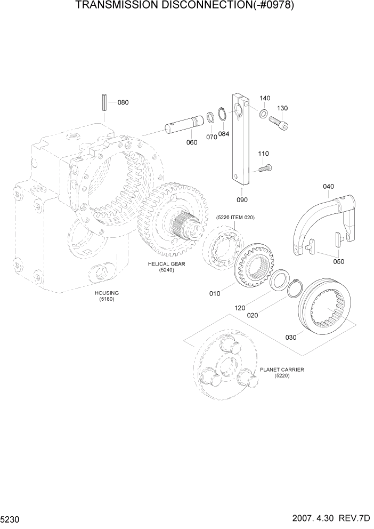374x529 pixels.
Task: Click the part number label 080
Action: click(x=123, y=102)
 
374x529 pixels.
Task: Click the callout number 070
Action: click(x=212, y=137)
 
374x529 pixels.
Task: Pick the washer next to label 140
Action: click(x=263, y=114)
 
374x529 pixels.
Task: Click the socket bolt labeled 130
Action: click(x=280, y=123)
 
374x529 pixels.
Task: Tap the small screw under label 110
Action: click(x=264, y=169)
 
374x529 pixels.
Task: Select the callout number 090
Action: click(x=243, y=199)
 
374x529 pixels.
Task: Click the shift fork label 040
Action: click(x=328, y=186)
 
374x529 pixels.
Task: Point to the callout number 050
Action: click(x=338, y=261)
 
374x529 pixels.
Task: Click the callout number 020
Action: click(x=253, y=315)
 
